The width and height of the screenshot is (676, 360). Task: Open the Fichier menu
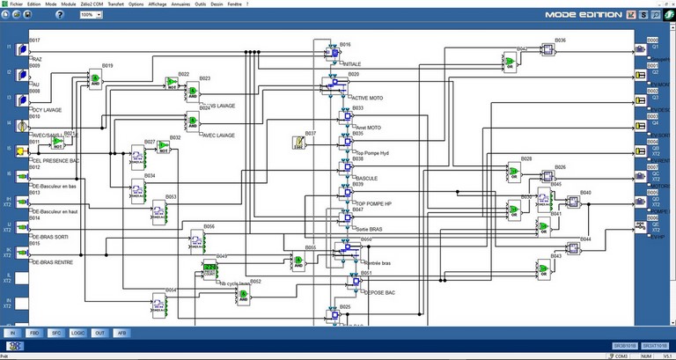click(x=15, y=4)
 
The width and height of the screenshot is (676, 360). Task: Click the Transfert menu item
click(x=115, y=4)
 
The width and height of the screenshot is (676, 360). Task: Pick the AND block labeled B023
click(x=193, y=90)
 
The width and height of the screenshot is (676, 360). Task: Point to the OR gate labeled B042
click(x=509, y=61)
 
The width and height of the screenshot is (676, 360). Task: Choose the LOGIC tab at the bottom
click(x=77, y=334)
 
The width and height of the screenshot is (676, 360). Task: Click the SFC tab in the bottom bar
click(x=55, y=334)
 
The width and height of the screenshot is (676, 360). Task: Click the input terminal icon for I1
click(x=24, y=50)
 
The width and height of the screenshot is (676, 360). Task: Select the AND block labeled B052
click(x=243, y=299)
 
